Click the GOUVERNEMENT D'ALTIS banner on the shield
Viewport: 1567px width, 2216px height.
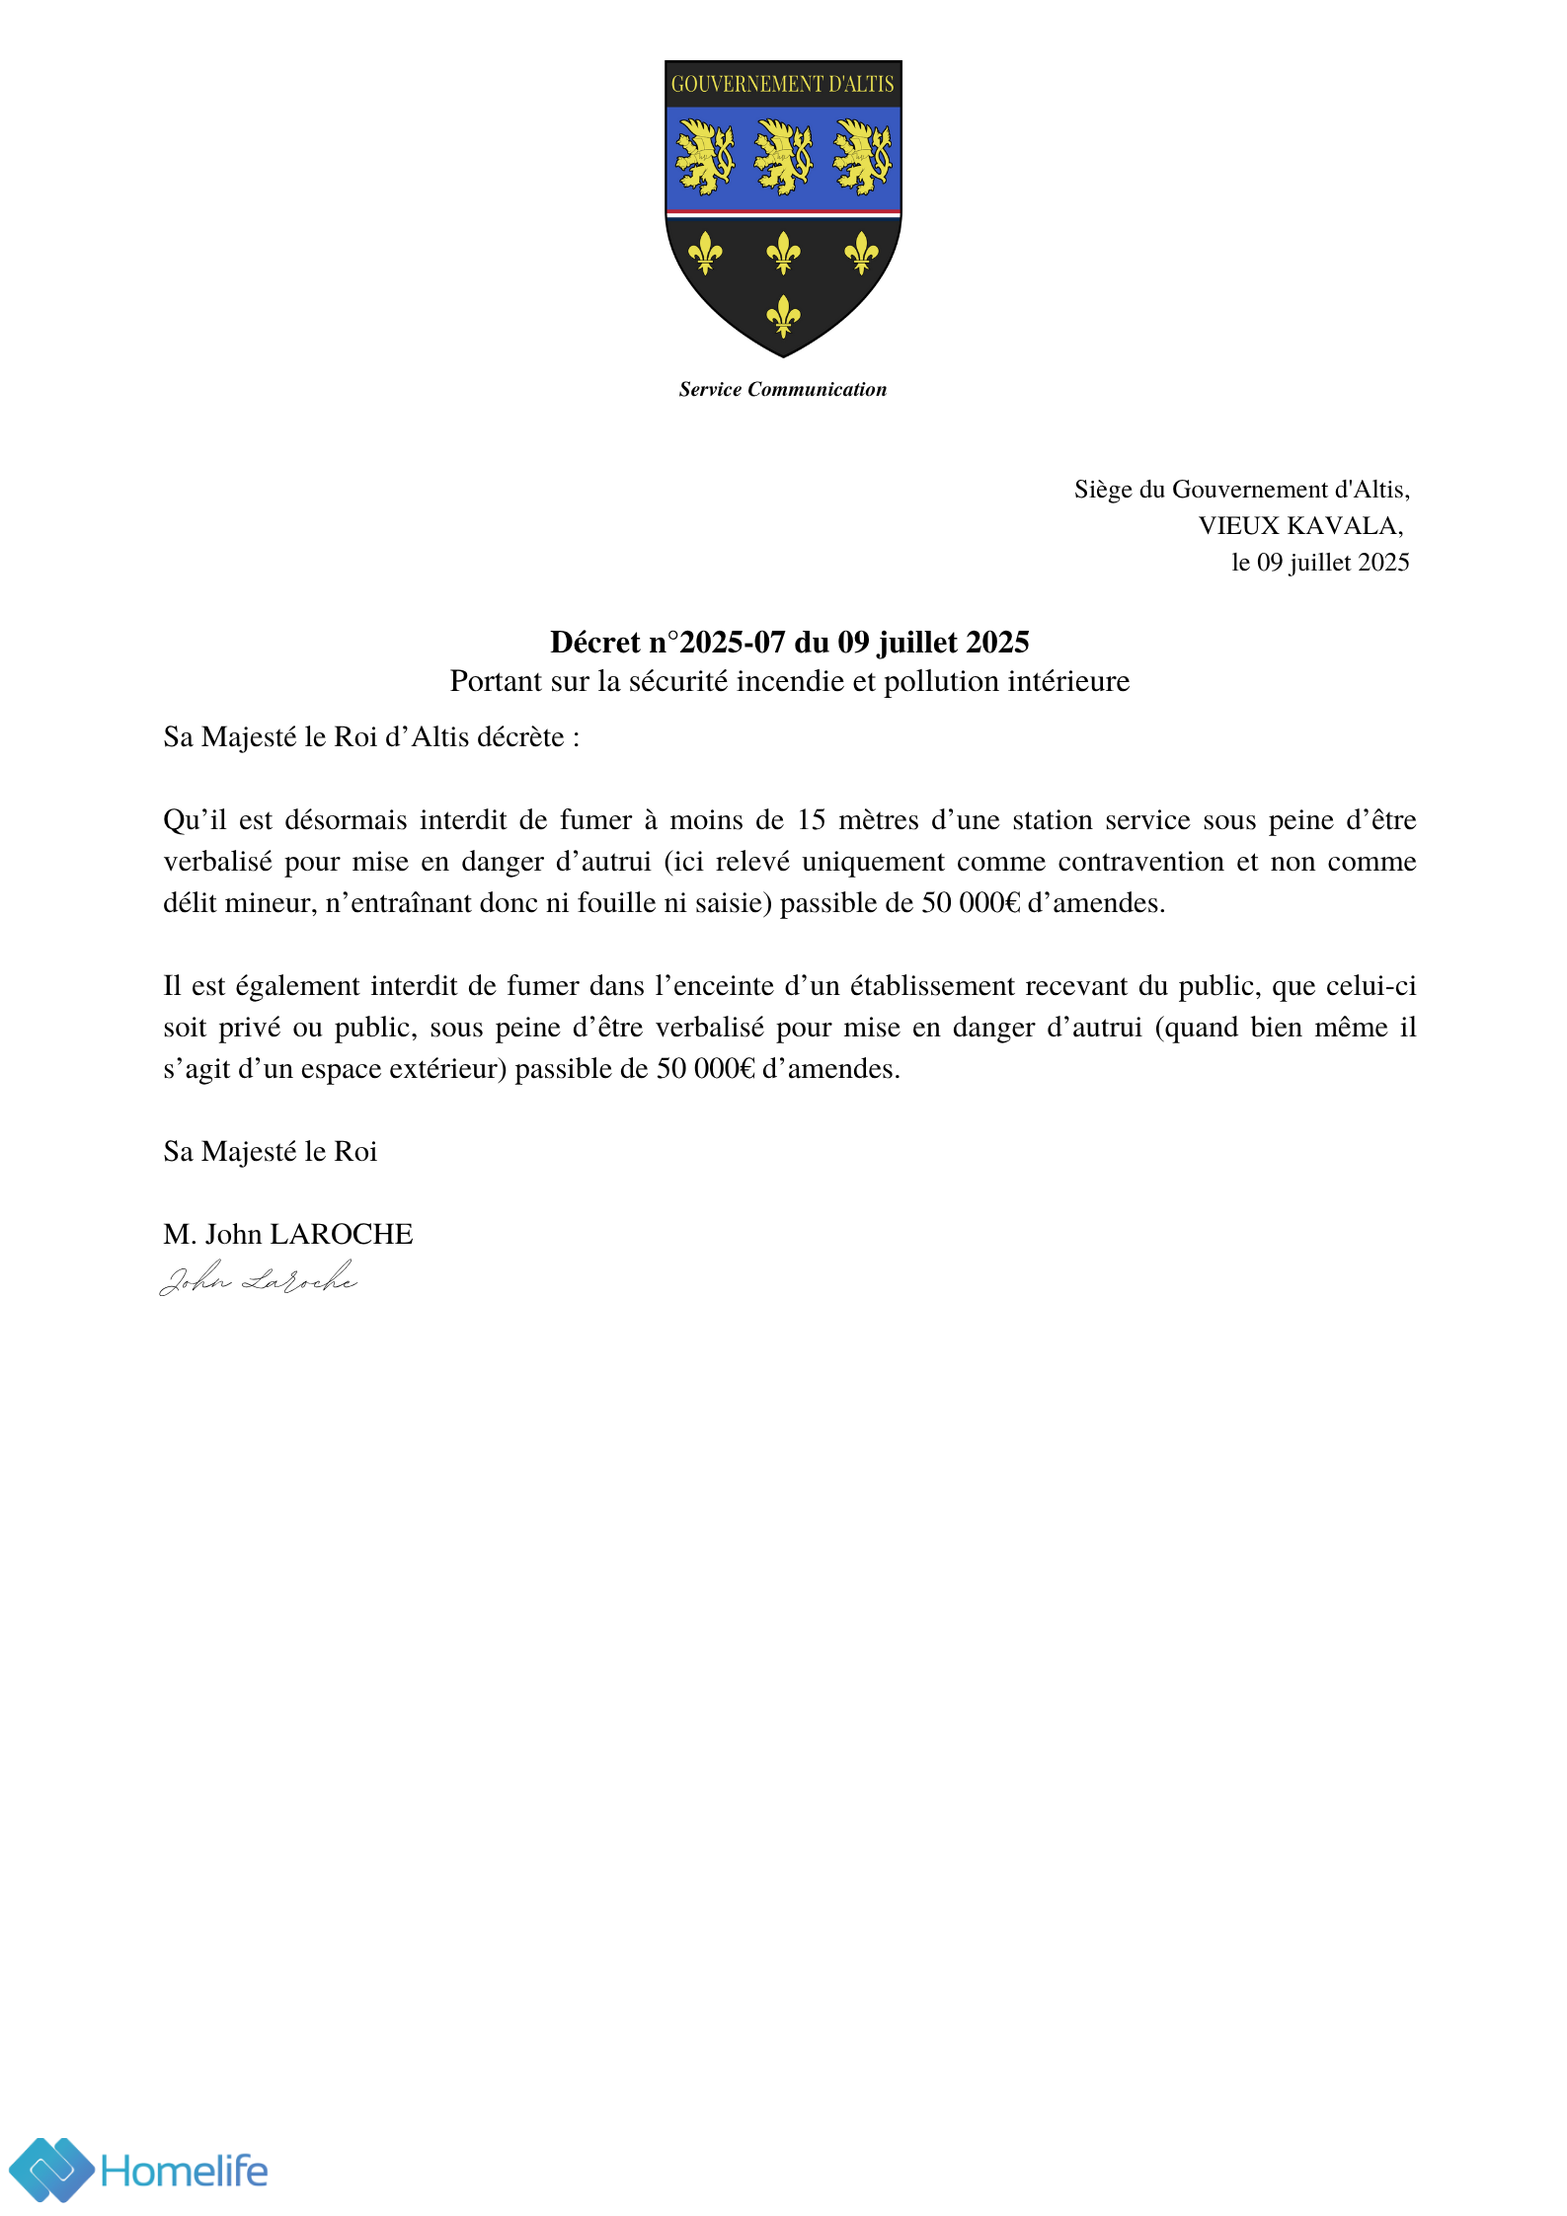pos(782,84)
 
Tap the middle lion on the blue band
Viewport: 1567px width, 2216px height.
pos(783,157)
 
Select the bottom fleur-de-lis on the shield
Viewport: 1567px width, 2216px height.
pos(783,316)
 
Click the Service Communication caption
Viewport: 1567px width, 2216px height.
pos(782,389)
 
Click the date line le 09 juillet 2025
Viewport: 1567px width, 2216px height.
pos(1320,563)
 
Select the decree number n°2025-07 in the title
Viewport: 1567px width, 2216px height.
pos(716,643)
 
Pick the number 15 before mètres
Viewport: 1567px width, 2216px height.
pos(811,820)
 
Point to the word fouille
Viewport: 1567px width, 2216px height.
pos(618,903)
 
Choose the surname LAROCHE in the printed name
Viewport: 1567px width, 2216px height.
pos(342,1235)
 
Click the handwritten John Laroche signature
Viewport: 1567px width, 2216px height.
pos(259,1279)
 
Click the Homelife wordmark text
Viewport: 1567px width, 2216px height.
pos(185,2172)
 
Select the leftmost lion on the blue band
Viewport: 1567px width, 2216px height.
pos(704,157)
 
